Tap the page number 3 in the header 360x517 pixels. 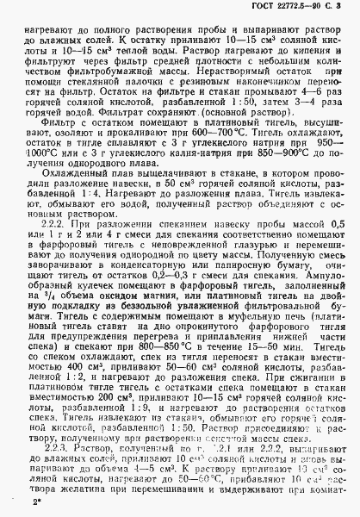351,8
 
